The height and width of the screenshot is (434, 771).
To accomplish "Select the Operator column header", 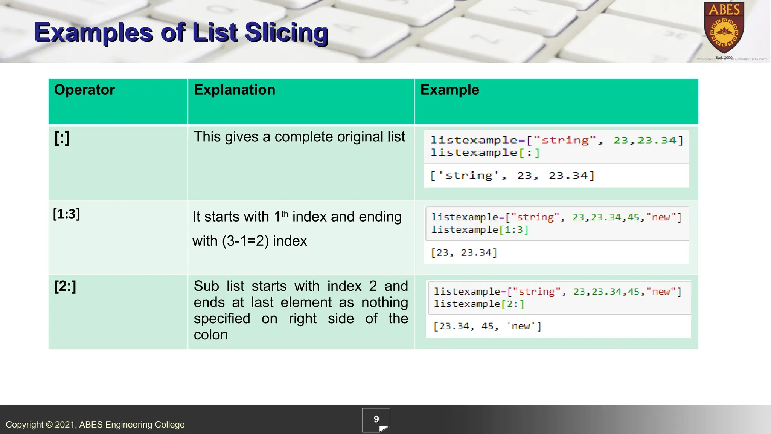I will (84, 90).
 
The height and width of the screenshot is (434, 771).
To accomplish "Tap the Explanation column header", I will (234, 90).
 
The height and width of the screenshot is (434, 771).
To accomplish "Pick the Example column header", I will (449, 90).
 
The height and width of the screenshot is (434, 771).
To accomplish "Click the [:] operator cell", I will (62, 138).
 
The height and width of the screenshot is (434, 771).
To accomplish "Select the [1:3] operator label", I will (67, 214).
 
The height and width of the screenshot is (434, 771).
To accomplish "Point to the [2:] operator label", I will (65, 286).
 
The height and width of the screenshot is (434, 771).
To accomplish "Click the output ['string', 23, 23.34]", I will (512, 176).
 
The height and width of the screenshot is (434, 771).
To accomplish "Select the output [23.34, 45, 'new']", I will (487, 326).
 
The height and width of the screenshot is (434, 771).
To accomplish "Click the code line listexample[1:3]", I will (480, 230).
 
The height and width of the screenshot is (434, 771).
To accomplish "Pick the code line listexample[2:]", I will (479, 304).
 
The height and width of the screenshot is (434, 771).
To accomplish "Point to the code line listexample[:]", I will (485, 153).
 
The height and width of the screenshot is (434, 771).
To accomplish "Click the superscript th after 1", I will (285, 214).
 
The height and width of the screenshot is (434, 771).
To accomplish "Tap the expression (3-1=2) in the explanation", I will (245, 241).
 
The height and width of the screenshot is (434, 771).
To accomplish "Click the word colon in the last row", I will (210, 335).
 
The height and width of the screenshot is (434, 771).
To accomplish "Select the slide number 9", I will (376, 419).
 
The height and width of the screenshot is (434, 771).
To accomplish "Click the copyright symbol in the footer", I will (49, 425).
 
